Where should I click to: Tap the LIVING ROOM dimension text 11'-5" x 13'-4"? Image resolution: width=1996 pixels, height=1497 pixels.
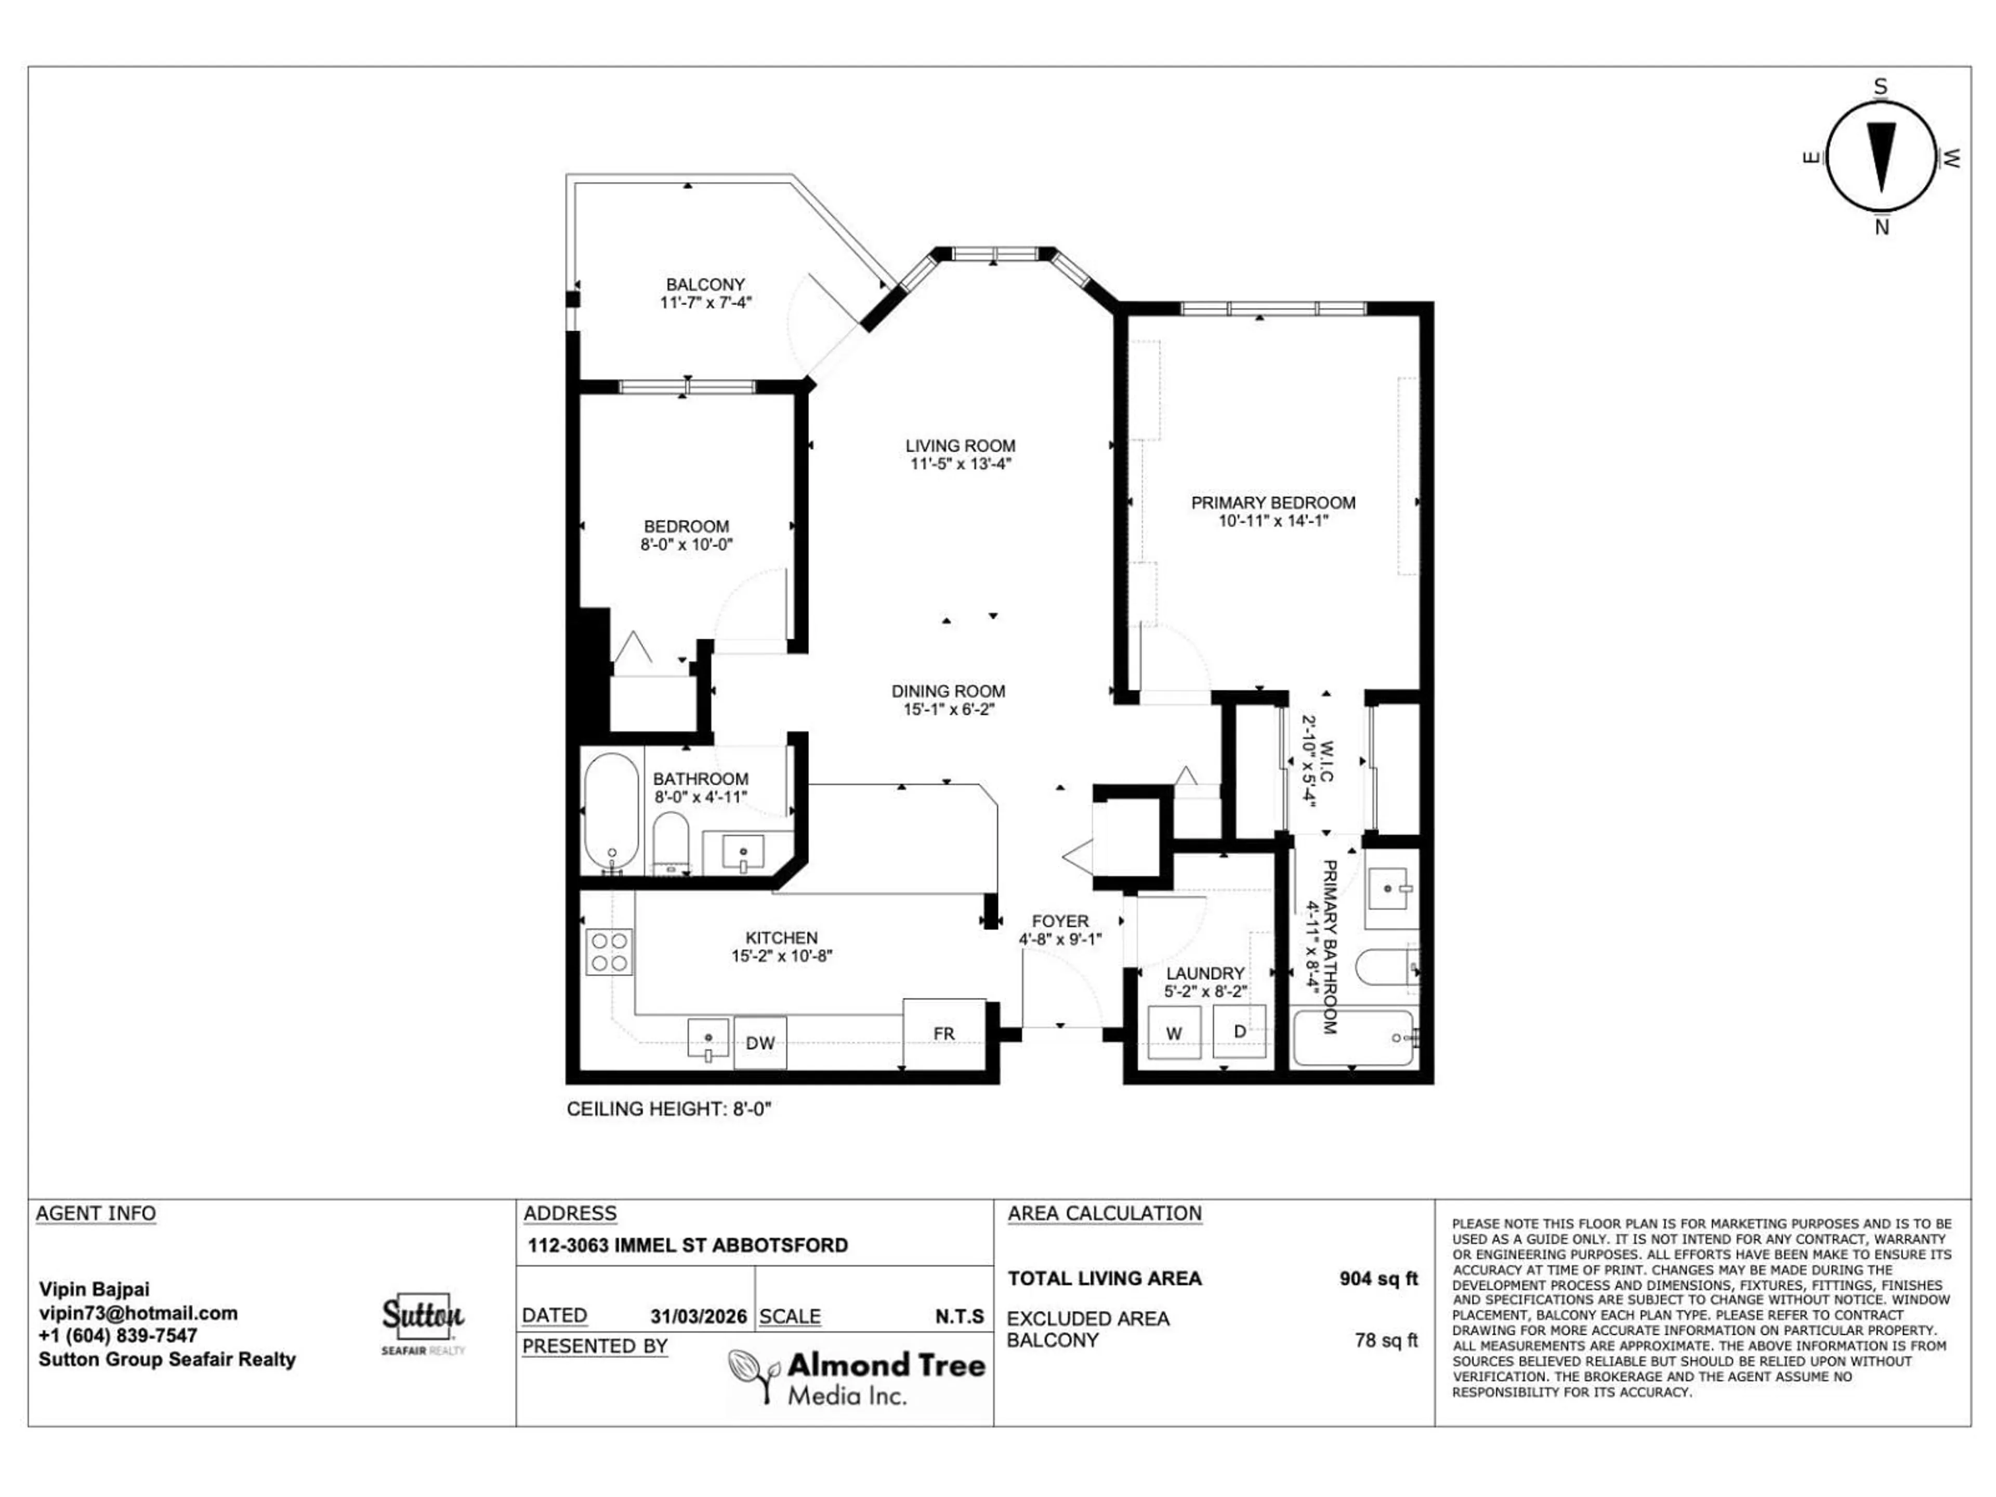point(960,464)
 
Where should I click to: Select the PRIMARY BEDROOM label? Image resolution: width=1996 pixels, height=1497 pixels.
point(1272,503)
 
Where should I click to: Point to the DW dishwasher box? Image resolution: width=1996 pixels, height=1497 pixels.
point(760,1043)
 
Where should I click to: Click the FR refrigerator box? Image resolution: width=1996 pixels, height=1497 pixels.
point(944,1033)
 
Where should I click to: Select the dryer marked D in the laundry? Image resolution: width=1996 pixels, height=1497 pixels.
point(1239,1030)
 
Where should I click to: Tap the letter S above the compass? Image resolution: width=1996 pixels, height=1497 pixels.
point(1881,87)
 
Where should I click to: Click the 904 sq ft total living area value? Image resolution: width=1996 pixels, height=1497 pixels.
point(1378,1279)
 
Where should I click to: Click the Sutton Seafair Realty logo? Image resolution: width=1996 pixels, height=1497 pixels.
point(422,1322)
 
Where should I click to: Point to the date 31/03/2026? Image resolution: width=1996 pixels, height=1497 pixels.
point(699,1317)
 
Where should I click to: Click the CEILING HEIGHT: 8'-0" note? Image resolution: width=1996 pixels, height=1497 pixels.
point(668,1109)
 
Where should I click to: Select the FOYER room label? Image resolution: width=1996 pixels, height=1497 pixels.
point(1060,921)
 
